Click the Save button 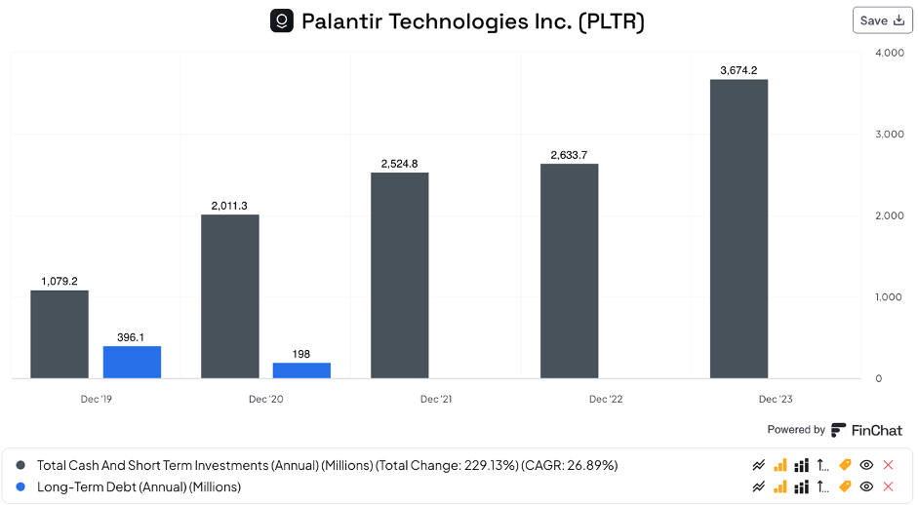tap(882, 20)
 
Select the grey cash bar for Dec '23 tap(738, 229)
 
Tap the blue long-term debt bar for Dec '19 tap(132, 362)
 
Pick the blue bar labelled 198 tap(301, 369)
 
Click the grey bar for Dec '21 tap(399, 275)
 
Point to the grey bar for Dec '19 tap(60, 333)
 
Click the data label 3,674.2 tap(738, 70)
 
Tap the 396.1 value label tap(132, 337)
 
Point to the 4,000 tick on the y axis tap(889, 53)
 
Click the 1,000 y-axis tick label tap(889, 297)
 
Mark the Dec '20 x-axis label tap(265, 399)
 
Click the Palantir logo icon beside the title tap(281, 20)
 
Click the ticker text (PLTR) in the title tap(611, 20)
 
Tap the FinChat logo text tap(875, 430)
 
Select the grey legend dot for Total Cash tap(21, 465)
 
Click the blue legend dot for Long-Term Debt tap(21, 486)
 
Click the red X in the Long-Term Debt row tap(888, 486)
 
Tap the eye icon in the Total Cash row tap(866, 465)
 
